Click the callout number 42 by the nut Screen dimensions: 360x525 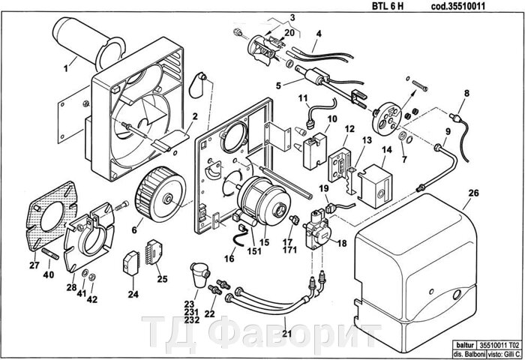pyautogui.click(x=92, y=299)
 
